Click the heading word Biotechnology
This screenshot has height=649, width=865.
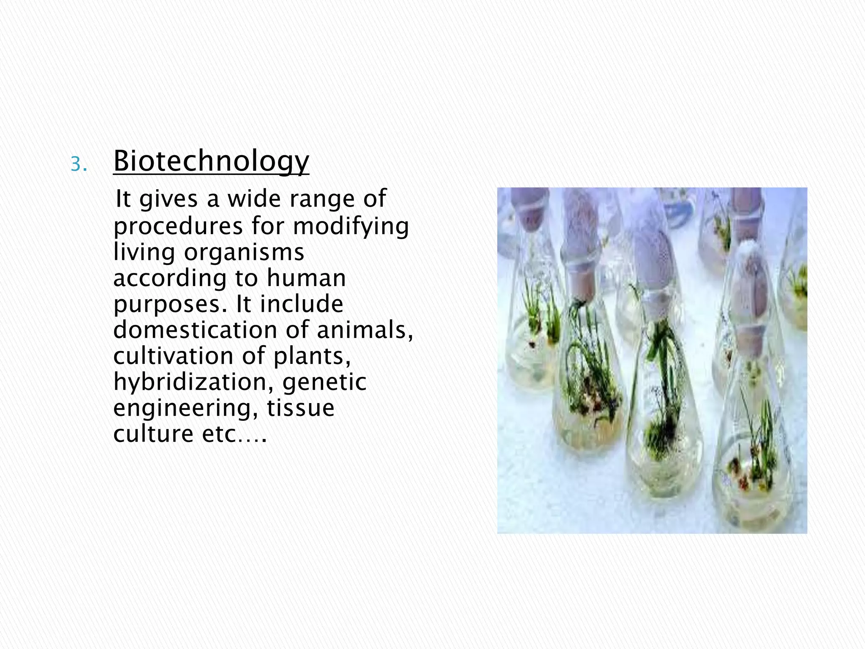point(211,161)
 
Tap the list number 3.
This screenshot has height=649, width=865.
point(79,165)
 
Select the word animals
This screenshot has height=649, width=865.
point(364,330)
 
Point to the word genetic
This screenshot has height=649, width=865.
point(324,382)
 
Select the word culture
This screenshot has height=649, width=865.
point(153,434)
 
